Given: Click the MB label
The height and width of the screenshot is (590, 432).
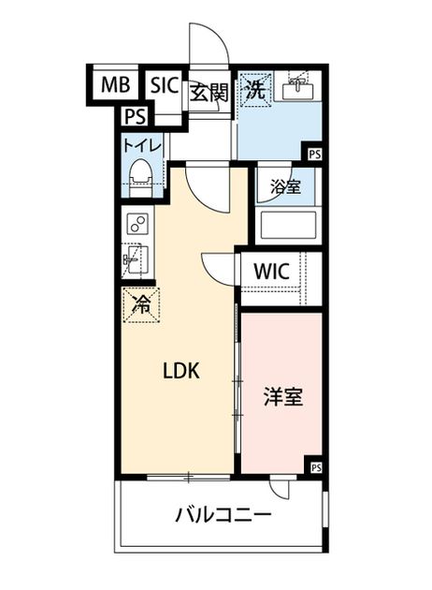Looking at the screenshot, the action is [115, 84].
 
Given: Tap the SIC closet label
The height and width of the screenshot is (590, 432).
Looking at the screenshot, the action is [164, 84].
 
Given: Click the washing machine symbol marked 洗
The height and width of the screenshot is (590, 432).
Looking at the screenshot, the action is [256, 90].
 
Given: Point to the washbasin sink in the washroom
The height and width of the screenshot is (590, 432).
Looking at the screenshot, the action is [297, 89].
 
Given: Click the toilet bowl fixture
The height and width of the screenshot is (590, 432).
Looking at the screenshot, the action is [141, 178].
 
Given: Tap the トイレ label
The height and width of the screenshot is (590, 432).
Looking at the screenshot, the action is [142, 146].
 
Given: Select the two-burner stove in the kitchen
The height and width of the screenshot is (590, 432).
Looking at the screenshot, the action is [137, 223].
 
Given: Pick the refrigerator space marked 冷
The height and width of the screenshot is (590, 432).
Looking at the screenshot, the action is [141, 305].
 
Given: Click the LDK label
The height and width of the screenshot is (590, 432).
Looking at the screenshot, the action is [181, 371].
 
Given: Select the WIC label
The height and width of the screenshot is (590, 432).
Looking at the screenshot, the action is [271, 272].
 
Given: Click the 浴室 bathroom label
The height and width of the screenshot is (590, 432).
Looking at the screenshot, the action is [286, 186].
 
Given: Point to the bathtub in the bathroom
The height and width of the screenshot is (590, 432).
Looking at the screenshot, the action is [288, 225].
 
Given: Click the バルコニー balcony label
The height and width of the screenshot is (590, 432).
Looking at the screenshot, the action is [223, 514].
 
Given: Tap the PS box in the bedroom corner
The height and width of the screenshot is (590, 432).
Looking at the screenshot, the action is [316, 467].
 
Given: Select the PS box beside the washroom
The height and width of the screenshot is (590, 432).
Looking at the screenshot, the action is [315, 155].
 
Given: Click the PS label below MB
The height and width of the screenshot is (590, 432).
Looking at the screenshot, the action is [136, 116].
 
